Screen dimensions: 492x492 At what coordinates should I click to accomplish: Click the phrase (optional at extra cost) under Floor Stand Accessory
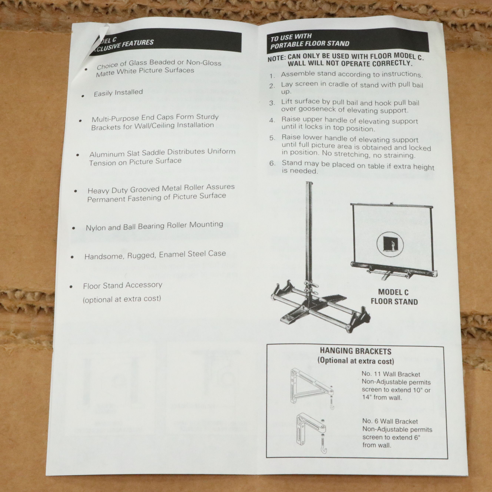coord(122,299)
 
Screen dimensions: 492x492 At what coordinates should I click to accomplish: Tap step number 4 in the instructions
coord(272,120)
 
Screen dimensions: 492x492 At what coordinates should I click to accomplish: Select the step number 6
coord(272,163)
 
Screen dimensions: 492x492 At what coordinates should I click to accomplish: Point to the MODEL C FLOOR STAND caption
coord(394,297)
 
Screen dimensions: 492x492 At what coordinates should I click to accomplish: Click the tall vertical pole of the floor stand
coord(309,229)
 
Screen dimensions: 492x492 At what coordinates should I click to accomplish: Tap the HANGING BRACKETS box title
coord(355,351)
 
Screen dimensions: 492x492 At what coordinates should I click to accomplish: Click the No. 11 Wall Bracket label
coord(391,374)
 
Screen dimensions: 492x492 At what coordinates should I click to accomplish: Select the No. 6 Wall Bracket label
coord(390,421)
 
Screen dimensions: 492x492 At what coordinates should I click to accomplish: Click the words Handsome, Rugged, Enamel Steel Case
coord(155,255)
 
